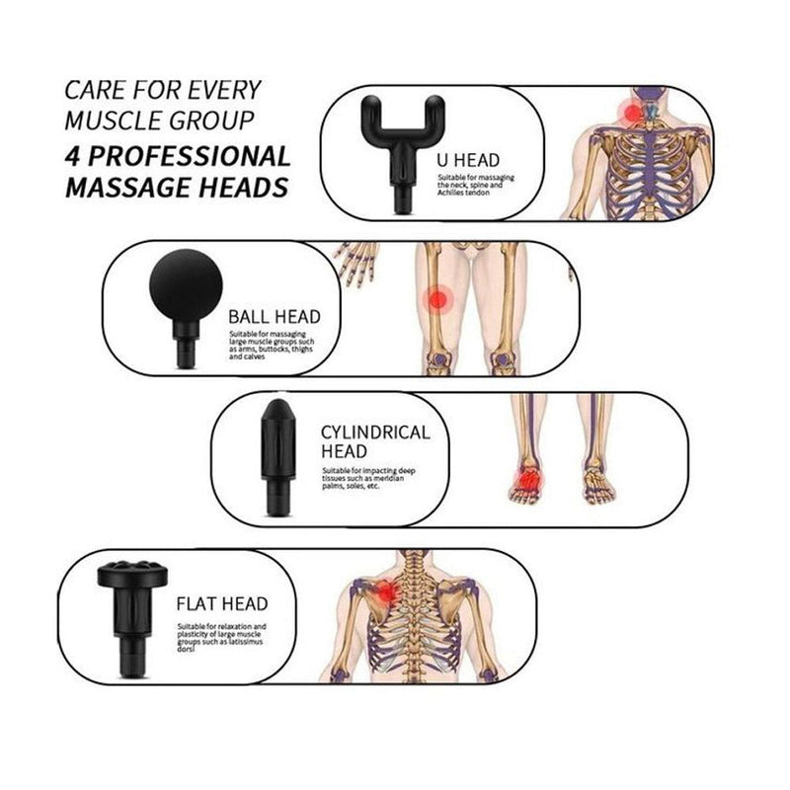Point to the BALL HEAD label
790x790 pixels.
tap(275, 317)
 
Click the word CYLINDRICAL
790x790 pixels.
tap(375, 433)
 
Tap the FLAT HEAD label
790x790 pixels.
tap(222, 603)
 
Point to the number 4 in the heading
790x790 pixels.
tap(71, 156)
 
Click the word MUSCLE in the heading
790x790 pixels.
tap(106, 122)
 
